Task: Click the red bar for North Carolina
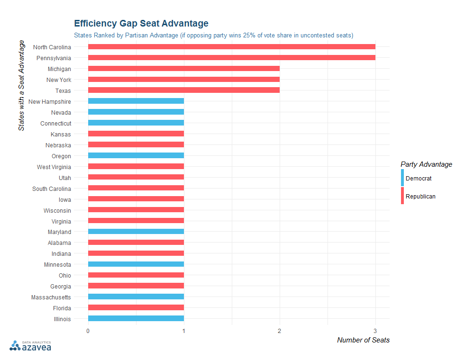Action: click(231, 47)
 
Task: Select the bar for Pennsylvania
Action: click(231, 58)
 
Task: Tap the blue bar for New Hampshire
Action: click(136, 101)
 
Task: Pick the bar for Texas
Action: click(183, 90)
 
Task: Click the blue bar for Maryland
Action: click(136, 232)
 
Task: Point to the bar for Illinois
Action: click(136, 319)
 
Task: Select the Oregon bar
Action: click(136, 156)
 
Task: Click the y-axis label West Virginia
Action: click(54, 167)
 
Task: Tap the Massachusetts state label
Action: click(51, 297)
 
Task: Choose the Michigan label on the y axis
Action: click(59, 69)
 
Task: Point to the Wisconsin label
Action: click(57, 210)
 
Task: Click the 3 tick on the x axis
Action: click(375, 331)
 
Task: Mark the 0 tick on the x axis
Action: click(88, 331)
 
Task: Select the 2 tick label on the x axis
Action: click(280, 331)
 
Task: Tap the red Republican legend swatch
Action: click(402, 196)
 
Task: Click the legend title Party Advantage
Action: click(426, 164)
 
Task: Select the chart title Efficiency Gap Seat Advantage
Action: click(141, 23)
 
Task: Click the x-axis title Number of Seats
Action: click(363, 340)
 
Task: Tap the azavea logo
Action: click(31, 346)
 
